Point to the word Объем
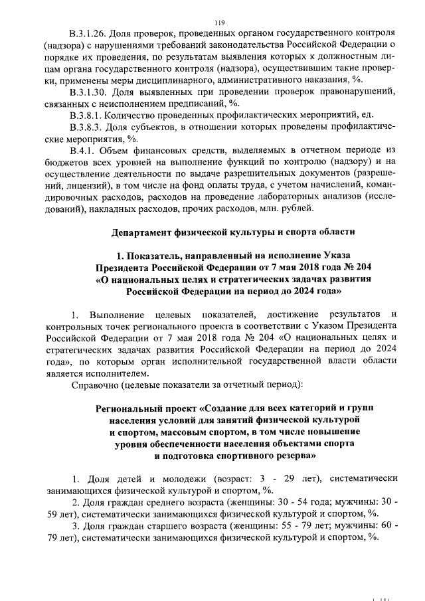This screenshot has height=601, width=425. [124, 151]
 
